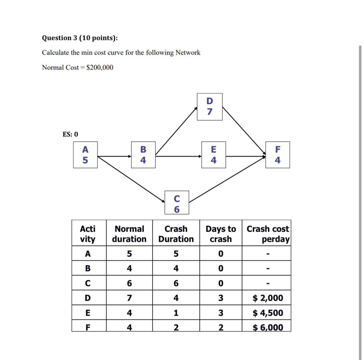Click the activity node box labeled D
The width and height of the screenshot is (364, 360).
(x=209, y=107)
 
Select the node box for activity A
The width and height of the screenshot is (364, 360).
(x=85, y=155)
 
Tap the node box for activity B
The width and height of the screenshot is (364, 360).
(x=143, y=155)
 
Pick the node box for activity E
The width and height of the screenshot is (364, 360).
(x=214, y=155)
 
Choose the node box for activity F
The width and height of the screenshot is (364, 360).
(x=278, y=155)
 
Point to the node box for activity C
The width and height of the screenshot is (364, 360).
(x=177, y=202)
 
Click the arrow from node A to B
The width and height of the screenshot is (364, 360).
(x=114, y=156)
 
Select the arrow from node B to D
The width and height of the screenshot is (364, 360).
(x=176, y=131)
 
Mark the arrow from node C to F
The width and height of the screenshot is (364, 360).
(x=227, y=179)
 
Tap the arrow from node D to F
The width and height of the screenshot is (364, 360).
(x=244, y=131)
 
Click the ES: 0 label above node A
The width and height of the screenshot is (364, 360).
(x=70, y=134)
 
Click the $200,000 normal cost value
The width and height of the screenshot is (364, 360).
(x=100, y=67)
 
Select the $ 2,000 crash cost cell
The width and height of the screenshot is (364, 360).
(x=267, y=298)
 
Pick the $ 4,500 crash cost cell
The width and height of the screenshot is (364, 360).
(x=267, y=313)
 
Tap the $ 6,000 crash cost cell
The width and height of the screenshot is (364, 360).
(x=267, y=327)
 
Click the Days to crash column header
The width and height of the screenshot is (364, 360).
(x=221, y=234)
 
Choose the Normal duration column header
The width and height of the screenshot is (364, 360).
(x=129, y=234)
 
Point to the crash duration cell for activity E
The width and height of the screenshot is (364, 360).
(x=176, y=313)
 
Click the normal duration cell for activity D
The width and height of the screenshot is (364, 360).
(x=129, y=298)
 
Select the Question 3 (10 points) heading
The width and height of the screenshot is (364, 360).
(x=80, y=38)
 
